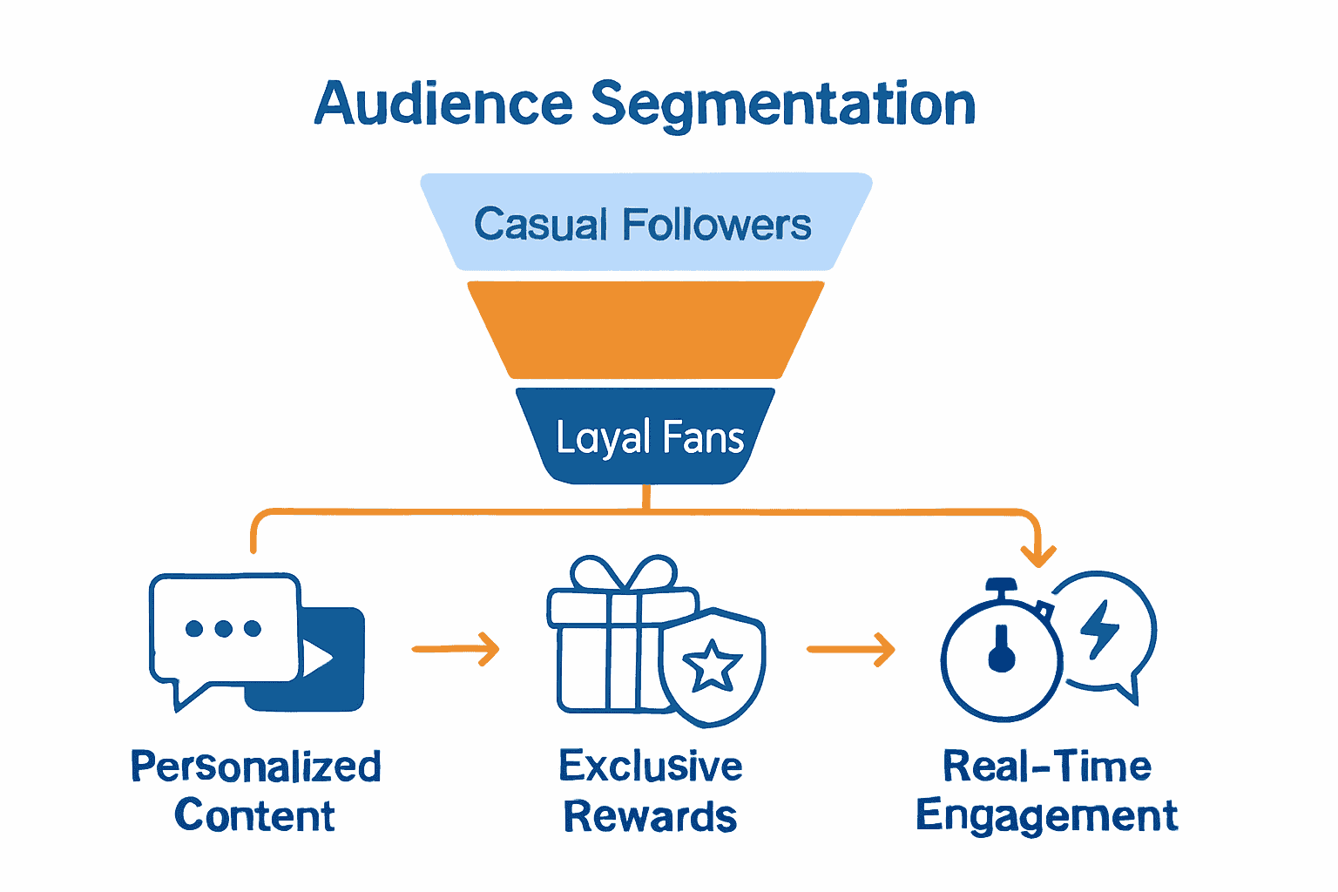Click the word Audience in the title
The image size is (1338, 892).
pos(443,105)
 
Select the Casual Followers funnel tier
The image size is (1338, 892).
pos(645,223)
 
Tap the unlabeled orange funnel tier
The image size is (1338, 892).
pos(645,329)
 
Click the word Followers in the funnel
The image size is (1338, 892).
pos(716,225)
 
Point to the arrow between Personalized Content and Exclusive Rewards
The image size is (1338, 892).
pos(456,649)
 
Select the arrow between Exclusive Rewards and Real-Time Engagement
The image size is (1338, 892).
pos(851,649)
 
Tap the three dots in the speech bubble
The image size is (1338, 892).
pos(223,628)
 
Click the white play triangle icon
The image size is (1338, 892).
pos(316,658)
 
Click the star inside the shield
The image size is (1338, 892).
pos(712,666)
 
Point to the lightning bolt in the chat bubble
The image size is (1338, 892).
pos(1099,628)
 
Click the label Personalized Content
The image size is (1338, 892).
pos(255,791)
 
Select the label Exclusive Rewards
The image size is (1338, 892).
pos(650,791)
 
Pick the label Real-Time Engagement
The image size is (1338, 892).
pos(1046,791)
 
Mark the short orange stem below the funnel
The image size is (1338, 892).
pos(645,497)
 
